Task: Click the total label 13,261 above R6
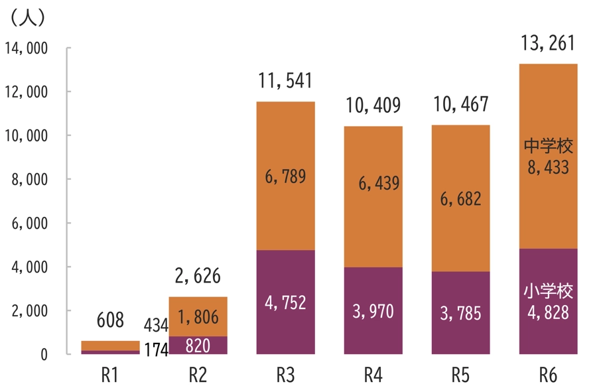click(548, 44)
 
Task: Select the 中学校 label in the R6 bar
click(548, 146)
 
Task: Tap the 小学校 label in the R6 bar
click(548, 291)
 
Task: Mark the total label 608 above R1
click(110, 321)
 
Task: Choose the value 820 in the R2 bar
click(198, 346)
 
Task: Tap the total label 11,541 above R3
click(285, 82)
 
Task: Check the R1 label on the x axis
click(110, 375)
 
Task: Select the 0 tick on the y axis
click(44, 355)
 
